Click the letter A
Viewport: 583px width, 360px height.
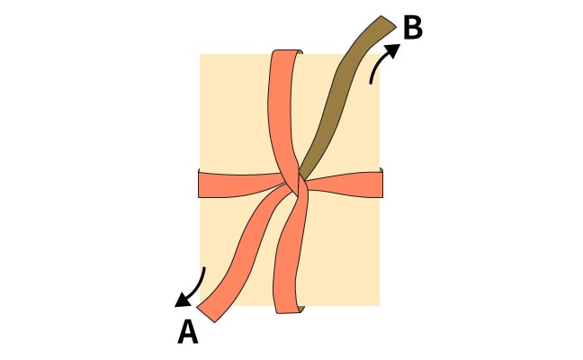click(x=188, y=332)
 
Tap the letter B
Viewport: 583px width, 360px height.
click(x=413, y=28)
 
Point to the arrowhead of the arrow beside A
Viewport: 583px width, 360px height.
click(x=183, y=301)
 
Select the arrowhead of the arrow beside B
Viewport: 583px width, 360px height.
click(x=392, y=49)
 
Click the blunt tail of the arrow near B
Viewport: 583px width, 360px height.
click(x=371, y=82)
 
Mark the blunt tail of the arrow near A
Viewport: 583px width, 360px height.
click(x=203, y=268)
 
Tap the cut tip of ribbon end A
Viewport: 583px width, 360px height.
click(x=206, y=314)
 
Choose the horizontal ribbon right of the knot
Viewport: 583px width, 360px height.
click(x=345, y=184)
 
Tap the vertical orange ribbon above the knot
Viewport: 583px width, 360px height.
click(x=282, y=112)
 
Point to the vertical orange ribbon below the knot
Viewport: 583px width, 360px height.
click(x=291, y=253)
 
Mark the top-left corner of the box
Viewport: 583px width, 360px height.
click(x=200, y=55)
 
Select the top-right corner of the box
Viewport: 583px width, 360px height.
click(x=380, y=55)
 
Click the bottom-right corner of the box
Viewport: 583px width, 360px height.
click(x=380, y=306)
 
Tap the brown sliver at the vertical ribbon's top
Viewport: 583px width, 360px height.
click(x=300, y=53)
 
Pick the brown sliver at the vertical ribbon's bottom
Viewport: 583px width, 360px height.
click(x=301, y=310)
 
